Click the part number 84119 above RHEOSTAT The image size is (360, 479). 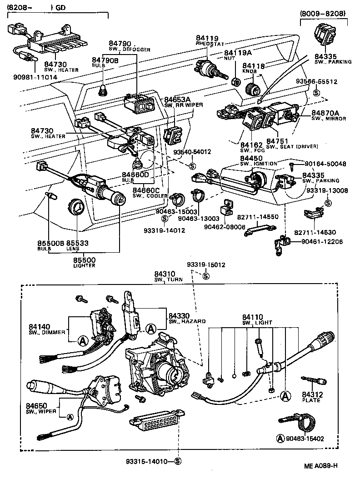207,39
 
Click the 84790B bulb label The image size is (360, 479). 105,60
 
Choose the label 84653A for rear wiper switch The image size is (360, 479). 177,99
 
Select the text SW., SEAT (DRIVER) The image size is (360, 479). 292,146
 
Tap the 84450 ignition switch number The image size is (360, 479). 251,158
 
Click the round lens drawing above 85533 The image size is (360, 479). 76,207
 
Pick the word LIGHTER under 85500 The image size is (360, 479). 84,265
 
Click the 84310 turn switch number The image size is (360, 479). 165,274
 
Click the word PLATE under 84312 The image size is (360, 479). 311,400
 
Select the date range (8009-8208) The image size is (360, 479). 323,14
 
